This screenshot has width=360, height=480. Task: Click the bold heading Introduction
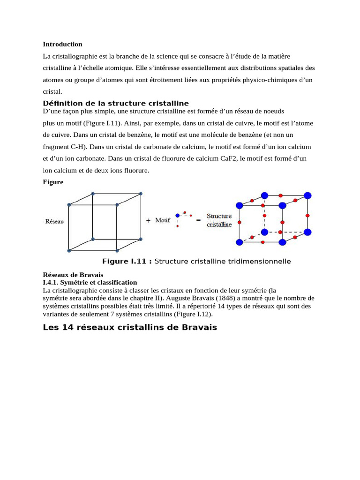point(62,44)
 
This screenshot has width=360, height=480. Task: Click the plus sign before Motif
point(148,220)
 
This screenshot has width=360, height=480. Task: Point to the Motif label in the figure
point(162,220)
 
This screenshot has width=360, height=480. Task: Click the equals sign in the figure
point(198,219)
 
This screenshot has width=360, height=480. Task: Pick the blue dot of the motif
point(178,216)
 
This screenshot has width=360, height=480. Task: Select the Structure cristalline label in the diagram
point(219,220)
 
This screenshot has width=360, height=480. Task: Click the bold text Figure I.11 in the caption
point(127,261)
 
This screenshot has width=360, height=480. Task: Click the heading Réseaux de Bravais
point(73,275)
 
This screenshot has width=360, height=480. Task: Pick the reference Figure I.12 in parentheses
point(195,314)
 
